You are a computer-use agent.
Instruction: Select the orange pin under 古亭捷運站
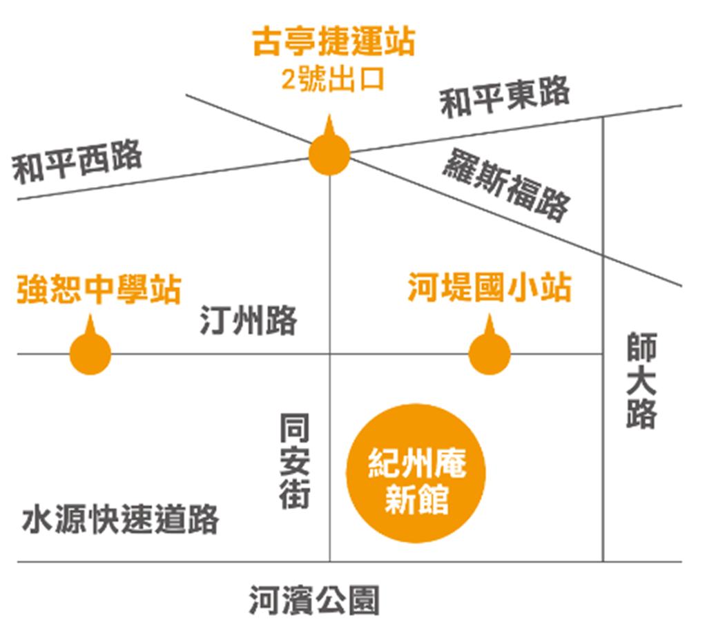tap(329, 153)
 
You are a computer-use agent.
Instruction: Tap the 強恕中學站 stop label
tap(99, 290)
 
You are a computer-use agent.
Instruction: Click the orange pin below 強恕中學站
tap(90, 353)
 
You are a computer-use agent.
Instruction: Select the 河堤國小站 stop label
tap(489, 288)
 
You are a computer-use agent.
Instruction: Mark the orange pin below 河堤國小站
tap(490, 353)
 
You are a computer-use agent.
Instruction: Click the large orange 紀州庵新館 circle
tap(416, 474)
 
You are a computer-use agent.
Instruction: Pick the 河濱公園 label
tap(314, 600)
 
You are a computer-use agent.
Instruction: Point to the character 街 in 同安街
tap(295, 494)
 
